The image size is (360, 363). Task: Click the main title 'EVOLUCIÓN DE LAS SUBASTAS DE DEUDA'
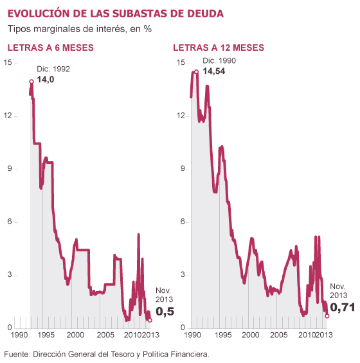tap(116, 13)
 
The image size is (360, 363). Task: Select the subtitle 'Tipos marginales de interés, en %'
tap(80, 29)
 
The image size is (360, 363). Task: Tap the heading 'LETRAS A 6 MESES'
tap(51, 48)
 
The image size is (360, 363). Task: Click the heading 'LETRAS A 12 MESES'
tap(219, 48)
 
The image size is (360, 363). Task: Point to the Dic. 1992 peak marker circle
tap(32, 81)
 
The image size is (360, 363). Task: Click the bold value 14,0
tap(46, 80)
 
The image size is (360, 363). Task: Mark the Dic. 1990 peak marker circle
tap(196, 72)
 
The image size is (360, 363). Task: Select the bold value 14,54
tap(214, 71)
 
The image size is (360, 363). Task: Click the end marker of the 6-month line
tap(150, 320)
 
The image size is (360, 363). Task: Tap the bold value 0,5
tap(165, 312)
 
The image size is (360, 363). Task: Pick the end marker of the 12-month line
tap(327, 316)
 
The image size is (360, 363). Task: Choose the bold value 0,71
tap(343, 308)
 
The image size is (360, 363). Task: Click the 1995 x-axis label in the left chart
tap(46, 335)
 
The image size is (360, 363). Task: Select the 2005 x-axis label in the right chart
tap(279, 335)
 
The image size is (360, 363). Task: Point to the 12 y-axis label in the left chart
tap(8, 116)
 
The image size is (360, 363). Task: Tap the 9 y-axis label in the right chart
tap(183, 169)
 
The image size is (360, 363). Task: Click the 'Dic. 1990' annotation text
tap(219, 61)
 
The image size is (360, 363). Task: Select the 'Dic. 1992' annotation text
tap(53, 69)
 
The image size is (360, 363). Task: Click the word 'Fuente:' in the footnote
tap(17, 354)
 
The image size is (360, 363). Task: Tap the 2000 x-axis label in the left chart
tap(75, 335)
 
